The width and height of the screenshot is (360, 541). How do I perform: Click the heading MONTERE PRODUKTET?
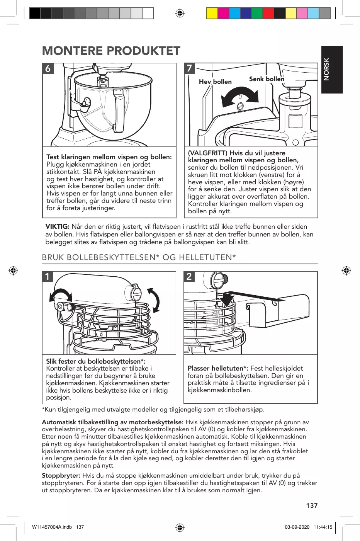coord(111,51)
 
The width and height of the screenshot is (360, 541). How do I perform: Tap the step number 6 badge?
coord(48,69)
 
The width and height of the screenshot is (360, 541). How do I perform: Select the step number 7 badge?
coord(189,68)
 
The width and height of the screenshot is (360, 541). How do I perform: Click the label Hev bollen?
coord(215,82)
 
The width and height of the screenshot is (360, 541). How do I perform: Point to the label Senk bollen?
coord(267,79)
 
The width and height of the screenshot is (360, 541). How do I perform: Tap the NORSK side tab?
coord(332,70)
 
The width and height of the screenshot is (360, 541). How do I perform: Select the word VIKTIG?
coord(57,227)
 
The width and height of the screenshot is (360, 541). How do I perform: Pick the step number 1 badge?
coord(48,277)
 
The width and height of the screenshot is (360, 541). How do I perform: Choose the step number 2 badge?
coord(189,276)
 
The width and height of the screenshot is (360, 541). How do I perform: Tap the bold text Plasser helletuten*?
coord(218,368)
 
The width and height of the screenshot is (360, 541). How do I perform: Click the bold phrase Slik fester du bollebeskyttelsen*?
coord(95,361)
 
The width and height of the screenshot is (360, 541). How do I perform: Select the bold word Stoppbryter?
coord(61,476)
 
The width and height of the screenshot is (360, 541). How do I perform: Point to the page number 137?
coord(312,505)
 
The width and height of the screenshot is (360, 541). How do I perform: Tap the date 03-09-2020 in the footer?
coord(297,527)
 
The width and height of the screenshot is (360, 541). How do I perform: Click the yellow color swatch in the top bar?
coord(212,14)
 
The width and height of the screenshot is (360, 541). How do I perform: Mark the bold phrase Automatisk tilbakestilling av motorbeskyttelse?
coord(112,422)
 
